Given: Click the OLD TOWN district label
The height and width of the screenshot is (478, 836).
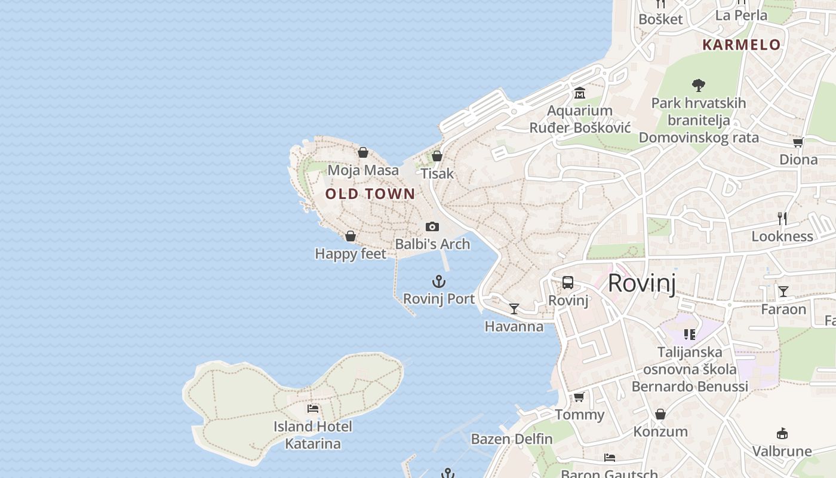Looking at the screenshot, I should pos(370,194).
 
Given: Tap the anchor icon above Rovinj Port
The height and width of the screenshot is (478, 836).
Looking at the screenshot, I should pos(439,281).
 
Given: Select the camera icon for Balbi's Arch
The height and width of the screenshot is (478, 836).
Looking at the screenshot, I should pos(432,227).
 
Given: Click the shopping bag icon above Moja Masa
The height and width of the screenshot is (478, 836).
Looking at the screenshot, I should pos(363,152).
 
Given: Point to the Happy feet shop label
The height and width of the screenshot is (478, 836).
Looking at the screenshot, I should pos(351,254).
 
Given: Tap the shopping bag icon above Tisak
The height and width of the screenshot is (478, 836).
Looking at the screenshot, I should pos(437,156).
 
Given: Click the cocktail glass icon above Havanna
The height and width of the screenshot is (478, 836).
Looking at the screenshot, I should pos(514,309).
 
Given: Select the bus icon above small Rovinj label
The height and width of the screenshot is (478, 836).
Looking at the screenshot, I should pos(568,283).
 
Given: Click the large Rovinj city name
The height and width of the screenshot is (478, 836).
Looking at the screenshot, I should pos(642,283).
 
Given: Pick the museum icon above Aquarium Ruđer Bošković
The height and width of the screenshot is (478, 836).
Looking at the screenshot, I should pos(580,93).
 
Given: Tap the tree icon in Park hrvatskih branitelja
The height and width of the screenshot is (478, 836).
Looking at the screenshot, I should pos(698,85).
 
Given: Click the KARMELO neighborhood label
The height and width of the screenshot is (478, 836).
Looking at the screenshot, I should pos(741,45).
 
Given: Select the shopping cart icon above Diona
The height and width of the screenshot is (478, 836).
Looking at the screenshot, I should pos(798,142).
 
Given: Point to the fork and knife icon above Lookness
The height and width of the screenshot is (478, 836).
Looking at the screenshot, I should pos(782,219).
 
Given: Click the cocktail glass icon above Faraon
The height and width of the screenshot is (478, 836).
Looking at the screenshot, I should pos(783,292).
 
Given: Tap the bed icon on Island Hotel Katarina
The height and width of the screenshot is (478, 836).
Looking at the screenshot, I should pos(313,409).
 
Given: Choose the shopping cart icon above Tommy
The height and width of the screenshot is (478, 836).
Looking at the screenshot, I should pos(579,397).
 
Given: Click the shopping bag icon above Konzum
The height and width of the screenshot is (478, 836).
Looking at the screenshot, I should pos(660,414).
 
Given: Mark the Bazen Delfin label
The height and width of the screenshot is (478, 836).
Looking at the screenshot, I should pos(512,439).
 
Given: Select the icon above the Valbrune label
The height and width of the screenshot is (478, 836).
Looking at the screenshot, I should pos(782,433).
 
